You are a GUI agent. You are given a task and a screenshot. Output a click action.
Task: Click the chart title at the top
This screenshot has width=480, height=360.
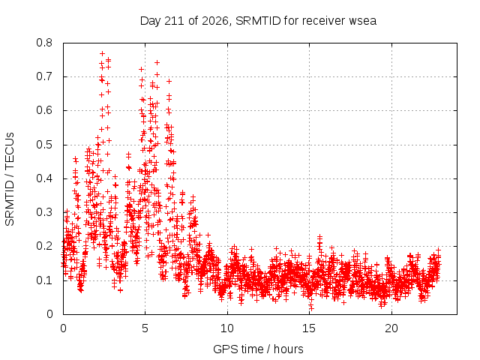click(x=258, y=21)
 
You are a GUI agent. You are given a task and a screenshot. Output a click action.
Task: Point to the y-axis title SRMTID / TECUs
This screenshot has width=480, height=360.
click(x=10, y=179)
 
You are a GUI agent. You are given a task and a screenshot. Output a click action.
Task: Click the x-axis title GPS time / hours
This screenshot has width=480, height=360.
click(x=258, y=349)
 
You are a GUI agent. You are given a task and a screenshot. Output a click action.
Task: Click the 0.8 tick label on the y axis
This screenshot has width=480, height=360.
click(x=44, y=43)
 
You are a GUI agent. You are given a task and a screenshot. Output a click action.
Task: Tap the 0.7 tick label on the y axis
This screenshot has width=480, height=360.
click(x=44, y=76)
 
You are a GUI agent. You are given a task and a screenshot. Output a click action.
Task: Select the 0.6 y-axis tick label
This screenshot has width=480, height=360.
click(x=44, y=110)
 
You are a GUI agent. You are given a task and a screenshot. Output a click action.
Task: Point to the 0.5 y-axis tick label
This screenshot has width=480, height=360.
click(x=44, y=145)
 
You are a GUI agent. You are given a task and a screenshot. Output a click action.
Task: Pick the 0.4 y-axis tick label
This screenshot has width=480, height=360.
click(x=44, y=178)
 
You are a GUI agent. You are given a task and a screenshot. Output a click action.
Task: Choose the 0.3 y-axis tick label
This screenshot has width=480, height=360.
click(x=44, y=212)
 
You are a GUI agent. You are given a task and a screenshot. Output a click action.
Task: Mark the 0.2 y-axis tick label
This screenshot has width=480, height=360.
click(x=44, y=246)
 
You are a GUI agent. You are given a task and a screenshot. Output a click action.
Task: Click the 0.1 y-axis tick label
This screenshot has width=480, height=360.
click(x=44, y=280)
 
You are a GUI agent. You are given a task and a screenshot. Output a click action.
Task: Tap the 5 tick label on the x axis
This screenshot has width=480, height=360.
click(x=145, y=328)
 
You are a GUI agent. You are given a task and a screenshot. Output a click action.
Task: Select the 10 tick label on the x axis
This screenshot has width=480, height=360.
click(x=227, y=328)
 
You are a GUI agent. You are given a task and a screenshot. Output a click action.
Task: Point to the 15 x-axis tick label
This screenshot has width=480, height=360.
click(x=309, y=328)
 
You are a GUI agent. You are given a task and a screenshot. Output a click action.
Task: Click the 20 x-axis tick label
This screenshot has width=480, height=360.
click(x=391, y=328)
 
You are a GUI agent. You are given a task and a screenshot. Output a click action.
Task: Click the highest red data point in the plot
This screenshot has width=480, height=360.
click(x=103, y=53)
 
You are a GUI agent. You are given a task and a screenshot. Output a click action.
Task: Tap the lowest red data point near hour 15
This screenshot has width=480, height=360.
click(x=312, y=307)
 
